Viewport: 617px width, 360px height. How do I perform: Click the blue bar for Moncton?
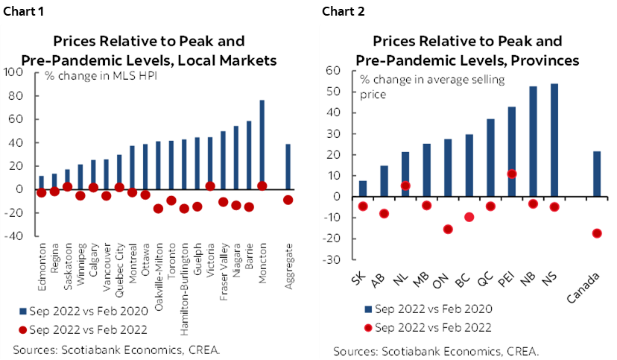click(262, 144)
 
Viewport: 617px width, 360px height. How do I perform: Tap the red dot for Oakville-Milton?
click(158, 209)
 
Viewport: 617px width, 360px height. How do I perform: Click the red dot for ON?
click(448, 229)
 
